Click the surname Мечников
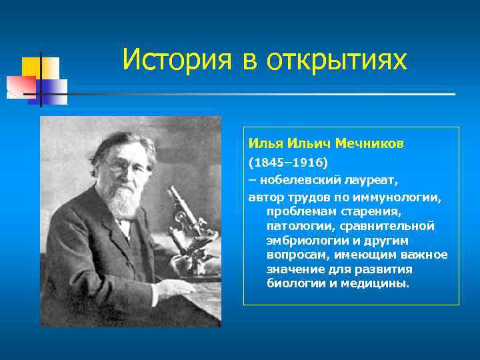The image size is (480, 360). [369, 144]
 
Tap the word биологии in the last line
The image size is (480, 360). [294, 283]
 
